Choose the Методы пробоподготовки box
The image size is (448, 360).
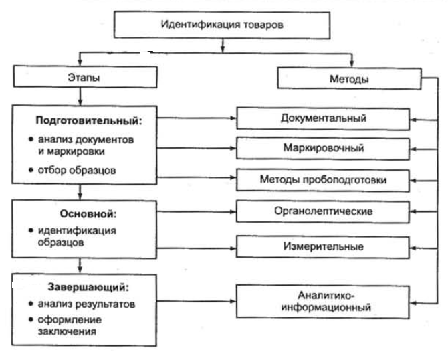[x=323, y=181]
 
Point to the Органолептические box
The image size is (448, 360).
[x=323, y=212]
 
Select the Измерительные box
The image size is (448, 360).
[x=323, y=247]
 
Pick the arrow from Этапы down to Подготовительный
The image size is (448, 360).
[x=80, y=97]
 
